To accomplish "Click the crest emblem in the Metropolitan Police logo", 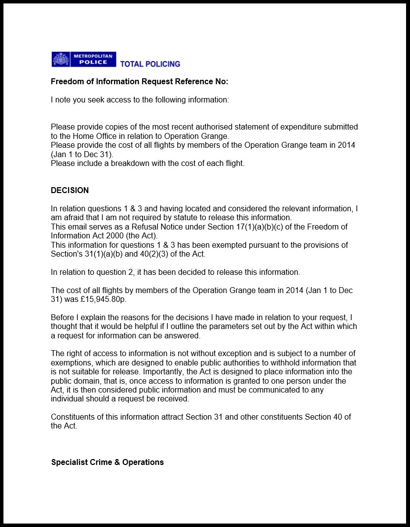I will coord(61,60).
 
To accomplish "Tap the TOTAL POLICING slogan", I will coord(150,64).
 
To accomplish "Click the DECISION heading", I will coord(70,191).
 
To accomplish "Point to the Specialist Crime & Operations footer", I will coord(108,462).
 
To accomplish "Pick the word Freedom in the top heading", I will coord(68,82).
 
